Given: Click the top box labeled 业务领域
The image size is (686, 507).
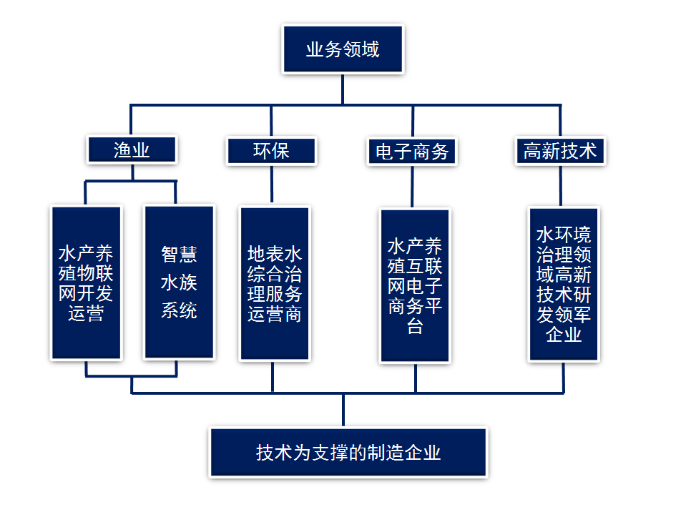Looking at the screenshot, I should (343, 49).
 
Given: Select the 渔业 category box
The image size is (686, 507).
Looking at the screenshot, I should (132, 150).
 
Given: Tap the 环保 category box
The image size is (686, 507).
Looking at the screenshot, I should (271, 150).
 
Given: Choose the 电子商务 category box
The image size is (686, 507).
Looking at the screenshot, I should (412, 151).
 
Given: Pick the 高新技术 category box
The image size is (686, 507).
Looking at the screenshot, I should (559, 151).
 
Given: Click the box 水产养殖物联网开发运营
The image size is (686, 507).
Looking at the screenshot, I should (86, 283).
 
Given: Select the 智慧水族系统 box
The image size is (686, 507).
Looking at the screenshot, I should (179, 283).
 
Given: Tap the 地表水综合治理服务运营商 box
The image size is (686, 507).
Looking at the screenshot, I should (275, 283).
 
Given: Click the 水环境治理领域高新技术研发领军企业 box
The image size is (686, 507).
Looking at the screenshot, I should (564, 285).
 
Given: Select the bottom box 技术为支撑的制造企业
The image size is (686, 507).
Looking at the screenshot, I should (348, 453).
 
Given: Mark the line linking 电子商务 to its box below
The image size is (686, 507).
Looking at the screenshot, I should (413, 187).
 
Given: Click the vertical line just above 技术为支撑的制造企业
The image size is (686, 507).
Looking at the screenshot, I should (343, 410).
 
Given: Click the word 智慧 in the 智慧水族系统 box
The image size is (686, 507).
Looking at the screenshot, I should (179, 255).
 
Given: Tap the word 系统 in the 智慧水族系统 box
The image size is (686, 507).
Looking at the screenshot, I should (179, 311).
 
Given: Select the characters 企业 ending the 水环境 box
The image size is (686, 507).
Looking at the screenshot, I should (564, 334).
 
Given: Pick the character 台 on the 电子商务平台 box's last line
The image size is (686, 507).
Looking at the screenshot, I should (415, 328).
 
